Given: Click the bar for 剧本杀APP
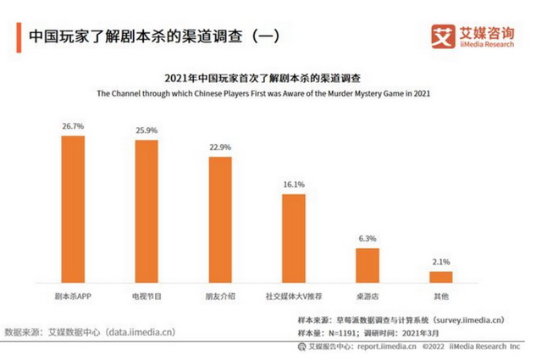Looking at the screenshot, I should [74, 208].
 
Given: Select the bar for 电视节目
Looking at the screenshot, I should [147, 211].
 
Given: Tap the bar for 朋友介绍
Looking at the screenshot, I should [220, 219].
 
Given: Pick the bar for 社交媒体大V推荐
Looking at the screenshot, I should [293, 238].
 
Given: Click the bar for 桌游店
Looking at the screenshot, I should [367, 265].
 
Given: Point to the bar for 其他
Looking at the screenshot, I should [440, 276].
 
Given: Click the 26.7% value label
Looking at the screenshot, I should [74, 125].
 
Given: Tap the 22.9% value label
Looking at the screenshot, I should [220, 147].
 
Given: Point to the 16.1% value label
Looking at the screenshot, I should [293, 184].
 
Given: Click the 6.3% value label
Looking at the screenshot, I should [367, 238].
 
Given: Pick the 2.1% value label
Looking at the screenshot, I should [440, 261].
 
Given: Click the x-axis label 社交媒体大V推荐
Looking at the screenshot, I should [293, 296].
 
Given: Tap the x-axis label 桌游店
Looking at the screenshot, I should [367, 296].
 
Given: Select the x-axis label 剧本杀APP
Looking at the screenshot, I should [74, 296].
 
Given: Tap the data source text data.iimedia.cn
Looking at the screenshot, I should [141, 331].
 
